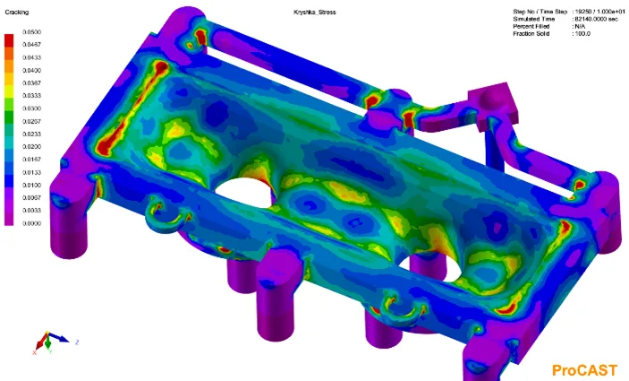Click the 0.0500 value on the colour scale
(x=31, y=31)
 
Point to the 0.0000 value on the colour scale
(x=31, y=223)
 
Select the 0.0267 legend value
(x=31, y=121)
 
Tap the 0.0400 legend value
(x=31, y=70)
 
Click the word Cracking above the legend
(x=16, y=12)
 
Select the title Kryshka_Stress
(x=315, y=12)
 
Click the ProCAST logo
(x=584, y=370)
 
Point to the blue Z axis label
(x=77, y=342)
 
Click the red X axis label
(x=35, y=352)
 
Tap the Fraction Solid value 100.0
(x=582, y=34)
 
